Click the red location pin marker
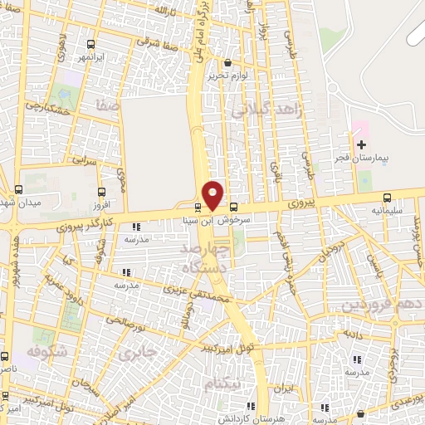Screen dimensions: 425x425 [213, 195]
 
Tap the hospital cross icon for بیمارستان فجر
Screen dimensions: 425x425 [360, 144]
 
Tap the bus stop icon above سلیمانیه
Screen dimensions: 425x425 [388, 198]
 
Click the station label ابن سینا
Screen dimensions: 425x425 [199, 221]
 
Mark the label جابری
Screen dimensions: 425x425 [137, 352]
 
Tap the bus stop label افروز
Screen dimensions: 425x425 [99, 204]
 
